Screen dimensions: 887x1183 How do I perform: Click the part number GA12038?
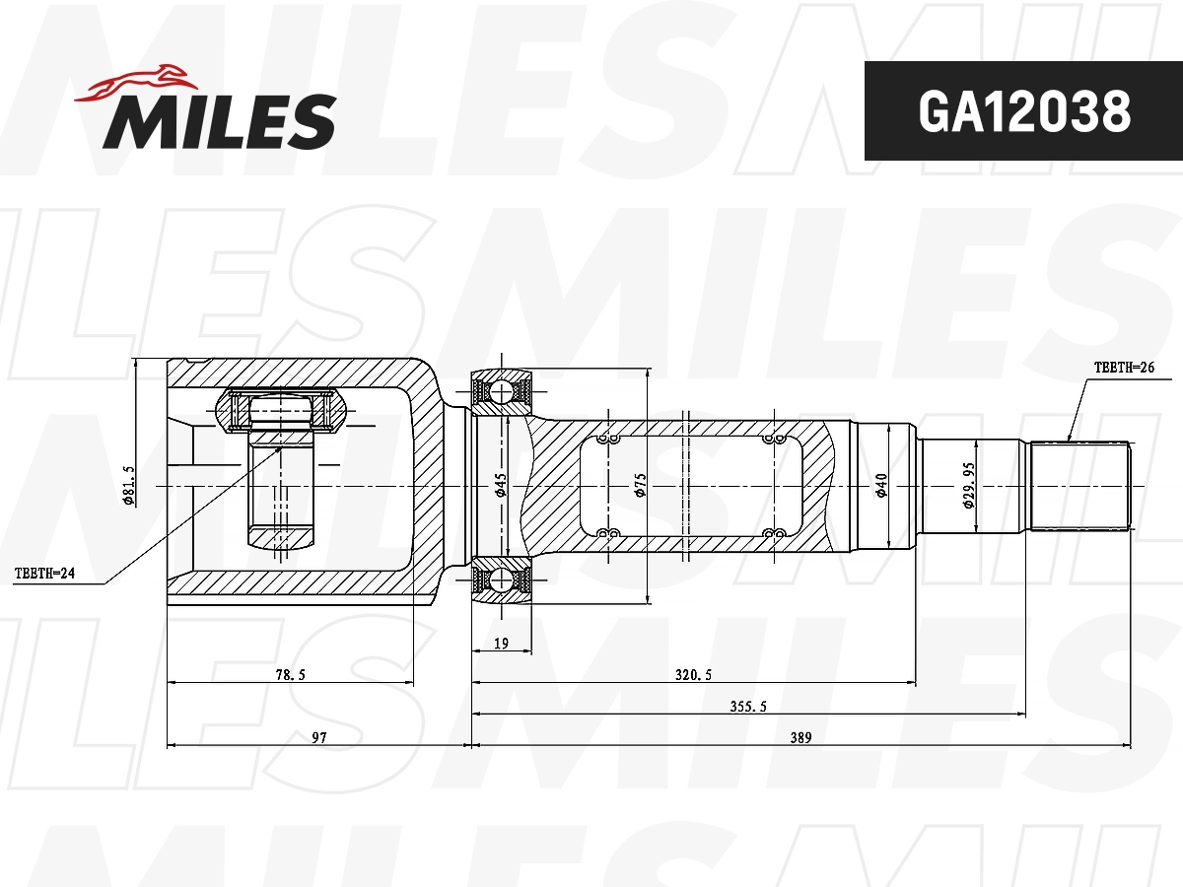click(1023, 112)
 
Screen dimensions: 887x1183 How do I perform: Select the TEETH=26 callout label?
click(1123, 368)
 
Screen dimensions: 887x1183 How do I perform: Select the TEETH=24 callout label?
click(44, 573)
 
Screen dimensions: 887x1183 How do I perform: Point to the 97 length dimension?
click(318, 737)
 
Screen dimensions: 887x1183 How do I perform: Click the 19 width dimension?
click(501, 644)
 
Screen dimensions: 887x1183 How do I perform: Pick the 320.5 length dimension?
click(693, 674)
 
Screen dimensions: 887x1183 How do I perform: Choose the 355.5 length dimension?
click(749, 706)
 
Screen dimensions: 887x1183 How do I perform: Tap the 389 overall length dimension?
click(800, 737)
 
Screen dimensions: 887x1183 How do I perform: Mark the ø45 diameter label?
click(500, 485)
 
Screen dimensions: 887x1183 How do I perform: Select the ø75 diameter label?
click(640, 485)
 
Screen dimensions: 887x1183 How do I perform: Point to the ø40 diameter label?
click(881, 485)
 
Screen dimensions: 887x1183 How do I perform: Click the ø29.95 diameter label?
click(968, 485)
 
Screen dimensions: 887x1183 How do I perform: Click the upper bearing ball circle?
click(502, 392)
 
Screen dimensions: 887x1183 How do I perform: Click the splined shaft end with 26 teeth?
click(1079, 486)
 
